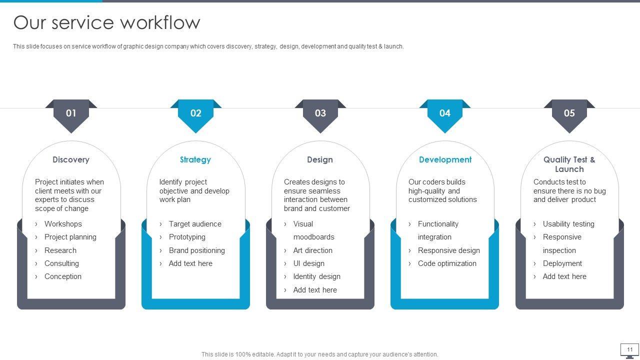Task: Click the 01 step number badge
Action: coord(71,113)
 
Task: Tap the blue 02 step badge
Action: coord(195,113)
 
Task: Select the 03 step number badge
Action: coord(320,113)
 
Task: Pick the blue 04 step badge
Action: coord(444,113)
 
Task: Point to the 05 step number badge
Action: coord(569,113)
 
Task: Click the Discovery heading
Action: coord(71,159)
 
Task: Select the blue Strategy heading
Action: coord(195,159)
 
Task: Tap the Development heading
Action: coord(445,159)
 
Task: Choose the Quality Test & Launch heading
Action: coord(569,164)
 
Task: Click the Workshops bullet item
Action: coord(63,224)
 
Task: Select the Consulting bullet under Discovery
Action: coord(61,263)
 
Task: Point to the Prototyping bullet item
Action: coord(187,237)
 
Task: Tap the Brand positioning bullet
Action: coord(196,250)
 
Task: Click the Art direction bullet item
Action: coord(312,250)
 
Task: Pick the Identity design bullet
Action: coord(316,276)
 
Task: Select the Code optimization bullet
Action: coord(447,263)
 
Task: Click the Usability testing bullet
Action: coord(568,224)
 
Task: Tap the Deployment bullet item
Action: coord(562,263)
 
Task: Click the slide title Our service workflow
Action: coord(106,22)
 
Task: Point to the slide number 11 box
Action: coord(629,349)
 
